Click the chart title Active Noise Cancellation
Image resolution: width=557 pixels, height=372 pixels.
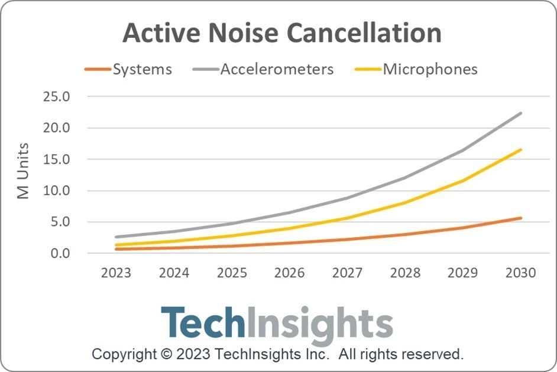[281, 34]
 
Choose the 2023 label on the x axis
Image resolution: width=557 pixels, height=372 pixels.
[116, 273]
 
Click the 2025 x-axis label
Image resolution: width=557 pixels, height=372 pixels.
[232, 273]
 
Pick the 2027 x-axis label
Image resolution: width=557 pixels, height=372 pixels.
[348, 273]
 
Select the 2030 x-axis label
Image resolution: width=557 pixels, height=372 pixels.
[521, 273]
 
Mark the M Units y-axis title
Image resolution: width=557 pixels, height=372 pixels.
[23, 172]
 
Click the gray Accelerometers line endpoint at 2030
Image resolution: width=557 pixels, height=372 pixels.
[521, 113]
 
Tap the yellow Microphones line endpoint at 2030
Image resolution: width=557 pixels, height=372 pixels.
[521, 150]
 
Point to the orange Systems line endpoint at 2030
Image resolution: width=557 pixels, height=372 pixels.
[521, 218]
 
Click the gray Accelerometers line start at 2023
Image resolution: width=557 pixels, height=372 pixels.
[116, 237]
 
